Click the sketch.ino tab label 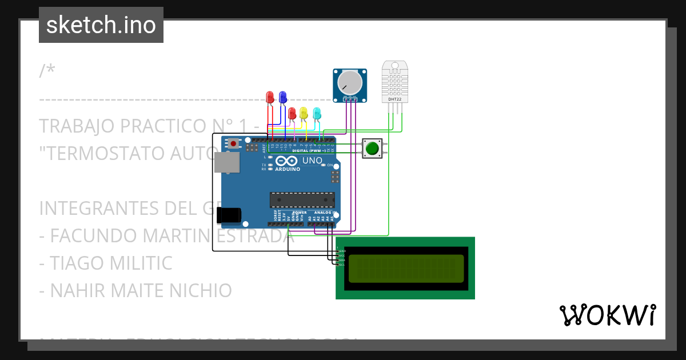pyautogui.click(x=101, y=25)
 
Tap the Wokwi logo pyautogui.click(x=607, y=315)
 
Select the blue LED pyautogui.click(x=282, y=97)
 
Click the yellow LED pyautogui.click(x=304, y=113)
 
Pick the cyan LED pyautogui.click(x=317, y=113)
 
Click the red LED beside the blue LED pyautogui.click(x=270, y=97)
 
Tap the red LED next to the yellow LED pyautogui.click(x=292, y=113)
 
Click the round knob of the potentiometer pyautogui.click(x=350, y=82)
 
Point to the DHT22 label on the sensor pyautogui.click(x=394, y=99)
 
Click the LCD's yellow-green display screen pyautogui.click(x=405, y=268)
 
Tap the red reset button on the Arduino pyautogui.click(x=233, y=143)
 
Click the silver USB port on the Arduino pyautogui.click(x=227, y=163)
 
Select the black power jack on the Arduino pyautogui.click(x=229, y=215)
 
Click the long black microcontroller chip pyautogui.click(x=302, y=199)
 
